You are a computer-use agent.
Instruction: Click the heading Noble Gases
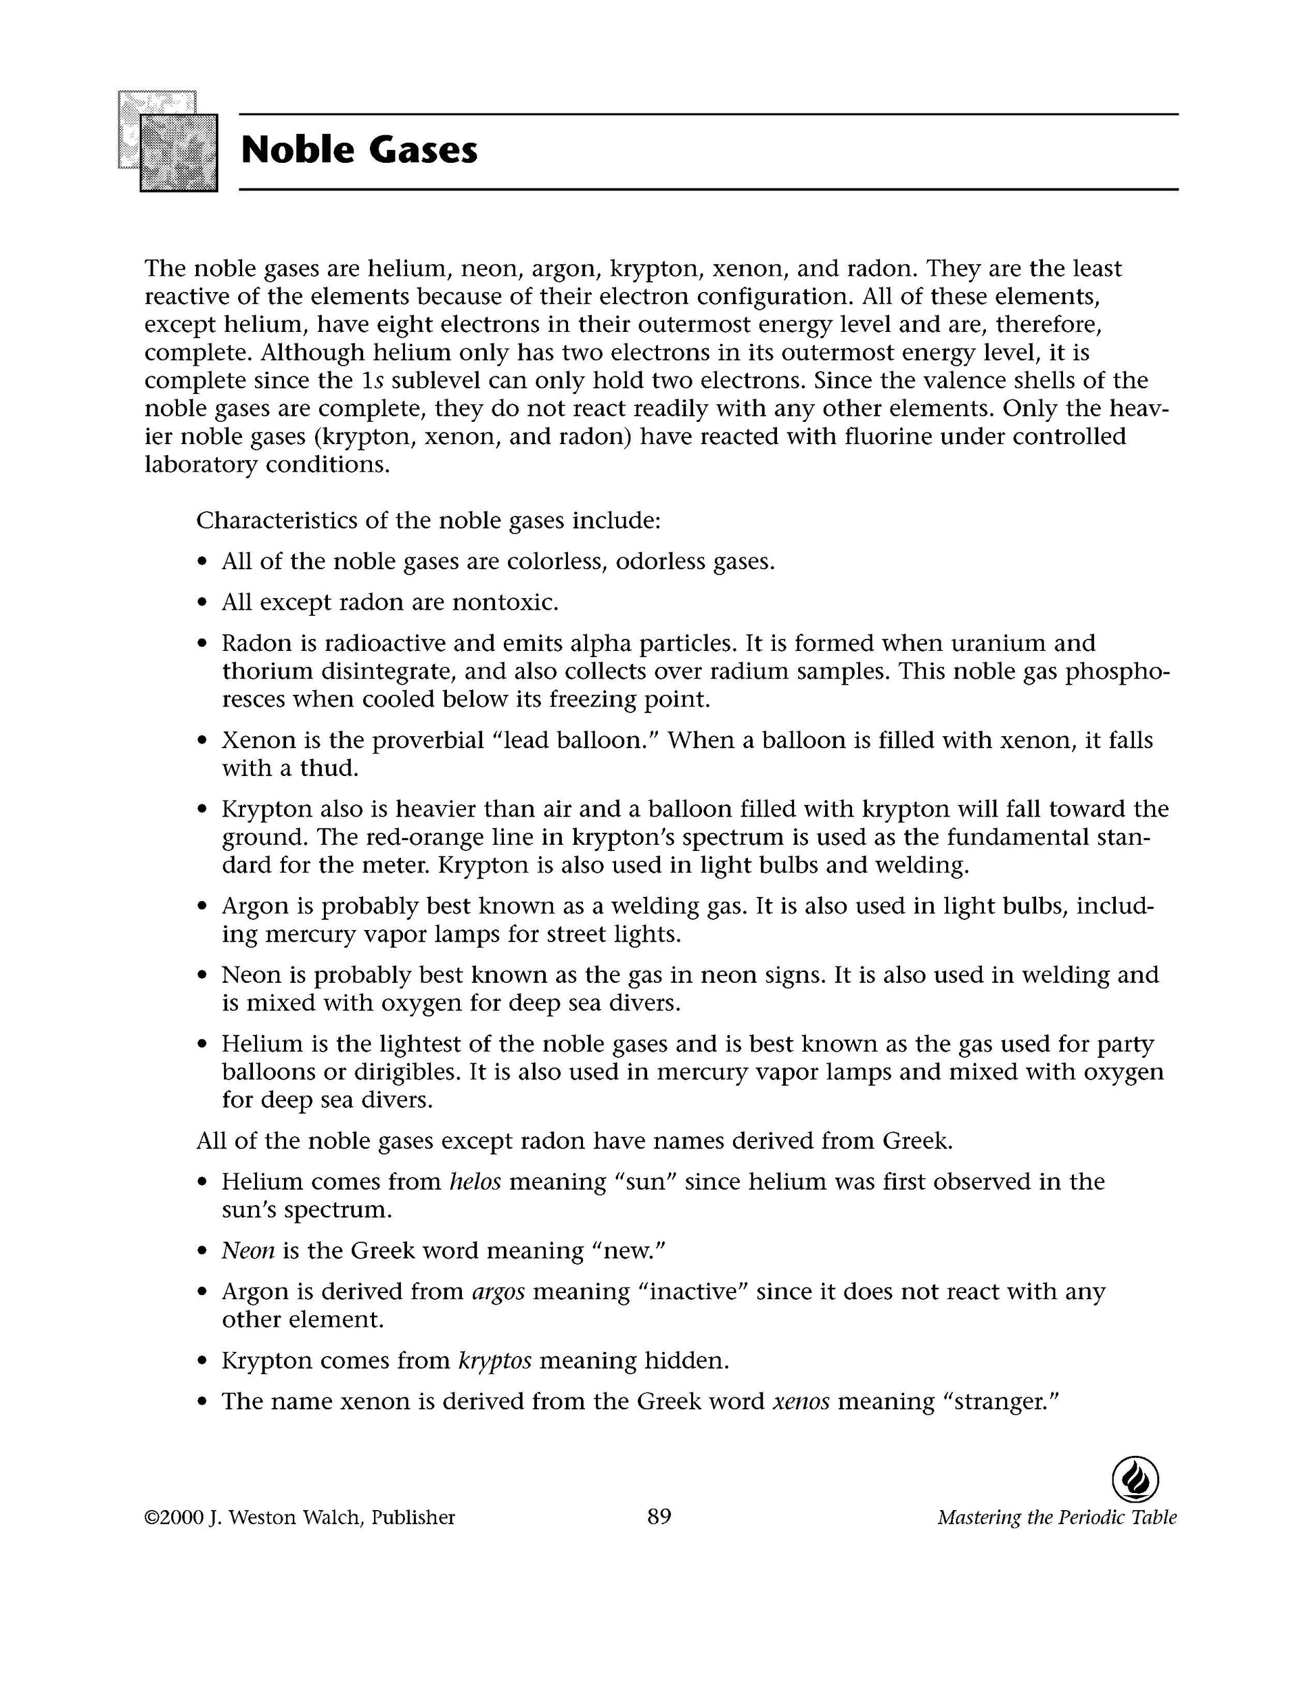pos(359,151)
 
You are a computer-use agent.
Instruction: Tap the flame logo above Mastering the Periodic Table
pos(1134,1480)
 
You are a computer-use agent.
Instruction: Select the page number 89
pos(659,1516)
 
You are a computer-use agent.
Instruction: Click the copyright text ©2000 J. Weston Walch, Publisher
pos(300,1517)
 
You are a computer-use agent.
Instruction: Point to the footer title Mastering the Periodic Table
pos(1057,1517)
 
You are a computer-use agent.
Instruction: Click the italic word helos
pos(475,1182)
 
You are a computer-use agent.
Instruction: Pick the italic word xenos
pos(801,1401)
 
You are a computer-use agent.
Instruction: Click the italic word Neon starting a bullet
pos(248,1250)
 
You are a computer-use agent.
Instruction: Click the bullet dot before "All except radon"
pos(203,603)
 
